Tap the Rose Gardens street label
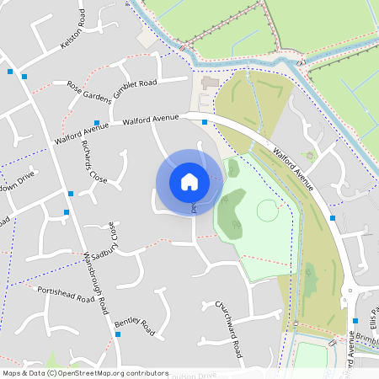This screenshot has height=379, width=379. [x=88, y=90]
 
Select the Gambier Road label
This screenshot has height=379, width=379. [x=136, y=83]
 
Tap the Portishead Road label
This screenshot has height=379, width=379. [x=66, y=294]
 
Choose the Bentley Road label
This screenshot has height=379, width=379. [x=135, y=326]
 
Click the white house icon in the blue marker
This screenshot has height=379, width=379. [x=189, y=181]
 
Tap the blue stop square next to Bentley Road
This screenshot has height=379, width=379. [x=119, y=334]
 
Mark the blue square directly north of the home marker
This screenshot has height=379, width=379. [x=205, y=123]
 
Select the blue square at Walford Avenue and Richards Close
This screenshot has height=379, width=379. [x=97, y=123]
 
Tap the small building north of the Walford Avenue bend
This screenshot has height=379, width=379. [x=209, y=84]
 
